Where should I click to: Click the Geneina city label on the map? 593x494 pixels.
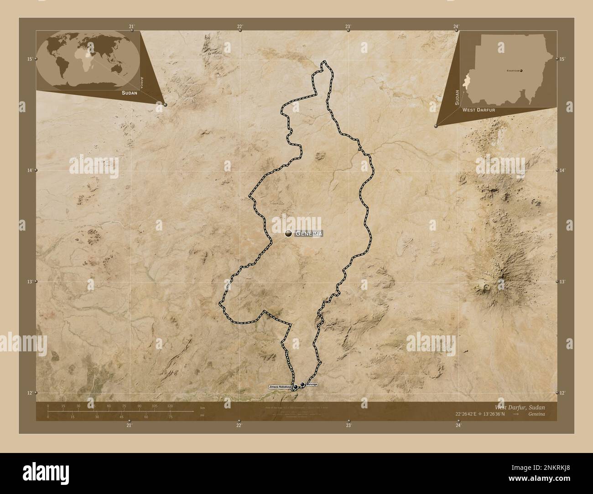309,233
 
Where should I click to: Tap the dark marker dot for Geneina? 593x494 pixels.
288,233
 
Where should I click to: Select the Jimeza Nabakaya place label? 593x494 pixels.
280,387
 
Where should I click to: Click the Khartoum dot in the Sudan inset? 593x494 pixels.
521,71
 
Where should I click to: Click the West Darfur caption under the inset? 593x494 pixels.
478,110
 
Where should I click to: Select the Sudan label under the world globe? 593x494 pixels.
130,93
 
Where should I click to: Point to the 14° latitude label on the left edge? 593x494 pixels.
29,170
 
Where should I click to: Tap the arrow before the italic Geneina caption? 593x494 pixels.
515,414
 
